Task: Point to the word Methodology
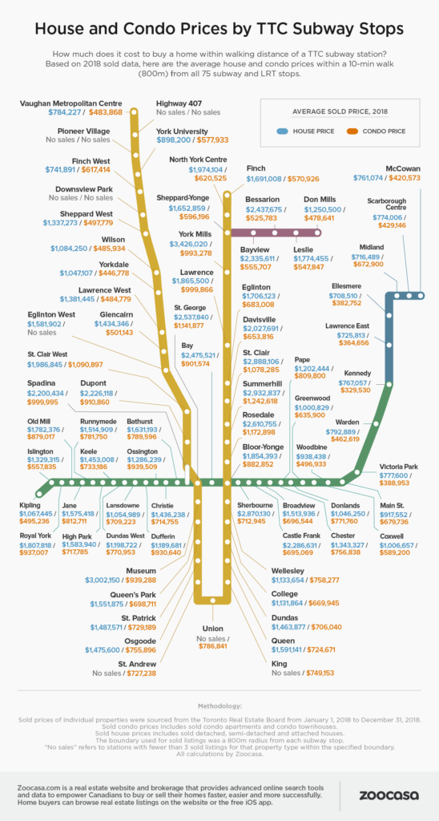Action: (219, 706)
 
